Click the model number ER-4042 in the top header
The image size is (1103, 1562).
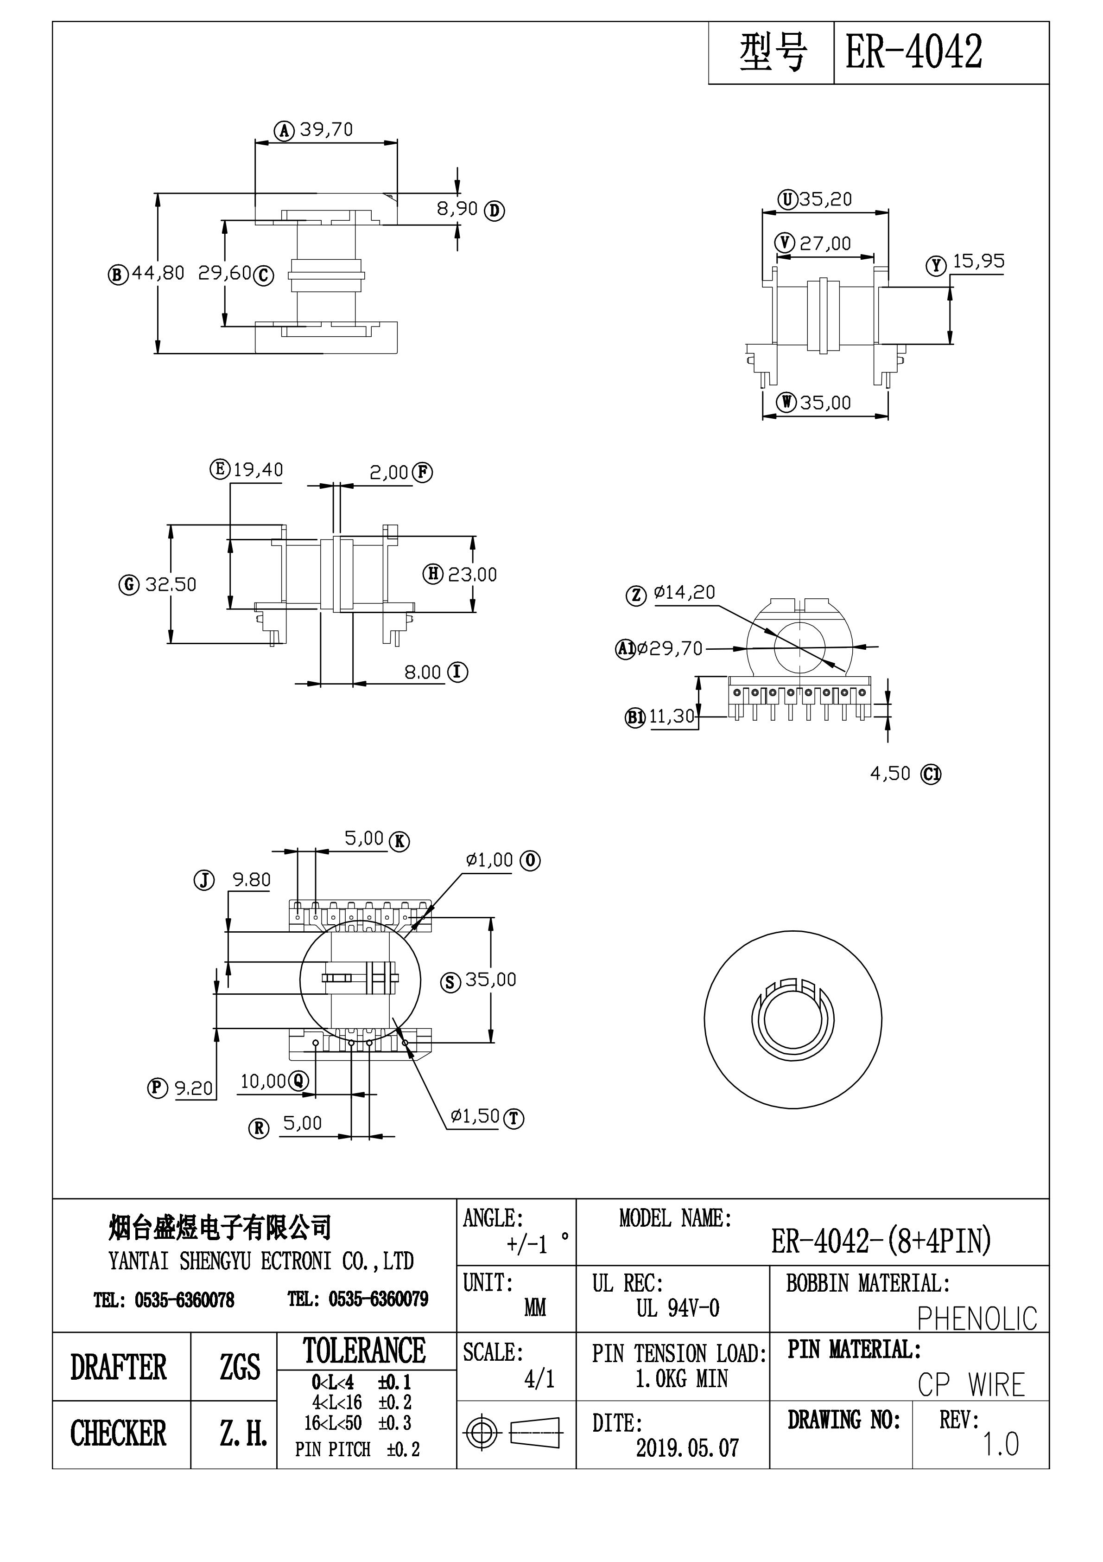pos(913,52)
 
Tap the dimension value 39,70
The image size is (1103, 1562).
pos(326,129)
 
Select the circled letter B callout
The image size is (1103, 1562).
pos(118,275)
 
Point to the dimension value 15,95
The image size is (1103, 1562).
pos(978,261)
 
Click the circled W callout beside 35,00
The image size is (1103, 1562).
pos(787,403)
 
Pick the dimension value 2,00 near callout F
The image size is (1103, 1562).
pos(389,472)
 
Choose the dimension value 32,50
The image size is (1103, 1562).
pos(171,584)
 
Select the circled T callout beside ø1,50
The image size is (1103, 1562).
pos(513,1119)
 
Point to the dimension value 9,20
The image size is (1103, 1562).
pos(194,1088)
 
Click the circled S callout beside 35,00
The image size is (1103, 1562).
pos(450,982)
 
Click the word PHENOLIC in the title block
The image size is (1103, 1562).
pos(976,1319)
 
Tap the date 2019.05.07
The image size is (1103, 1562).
pos(687,1448)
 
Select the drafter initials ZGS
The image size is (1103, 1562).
pos(239,1366)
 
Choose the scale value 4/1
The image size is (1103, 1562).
pos(539,1379)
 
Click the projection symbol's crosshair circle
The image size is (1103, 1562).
pos(481,1432)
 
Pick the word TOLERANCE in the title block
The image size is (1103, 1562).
pos(364,1351)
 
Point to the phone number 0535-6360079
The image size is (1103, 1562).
pos(378,1300)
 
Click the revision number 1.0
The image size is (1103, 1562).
pos(1000,1444)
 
